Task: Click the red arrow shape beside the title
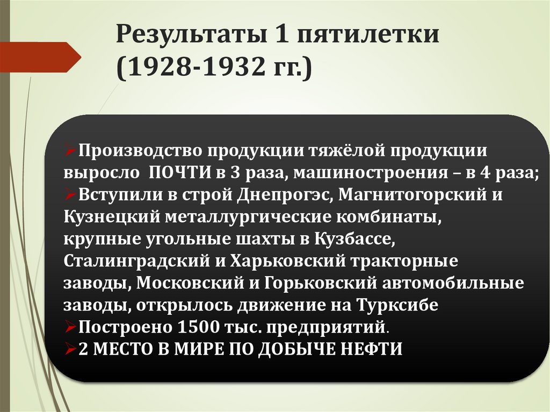click(43, 56)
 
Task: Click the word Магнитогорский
click(407, 195)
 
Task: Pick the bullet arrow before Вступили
click(70, 195)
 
